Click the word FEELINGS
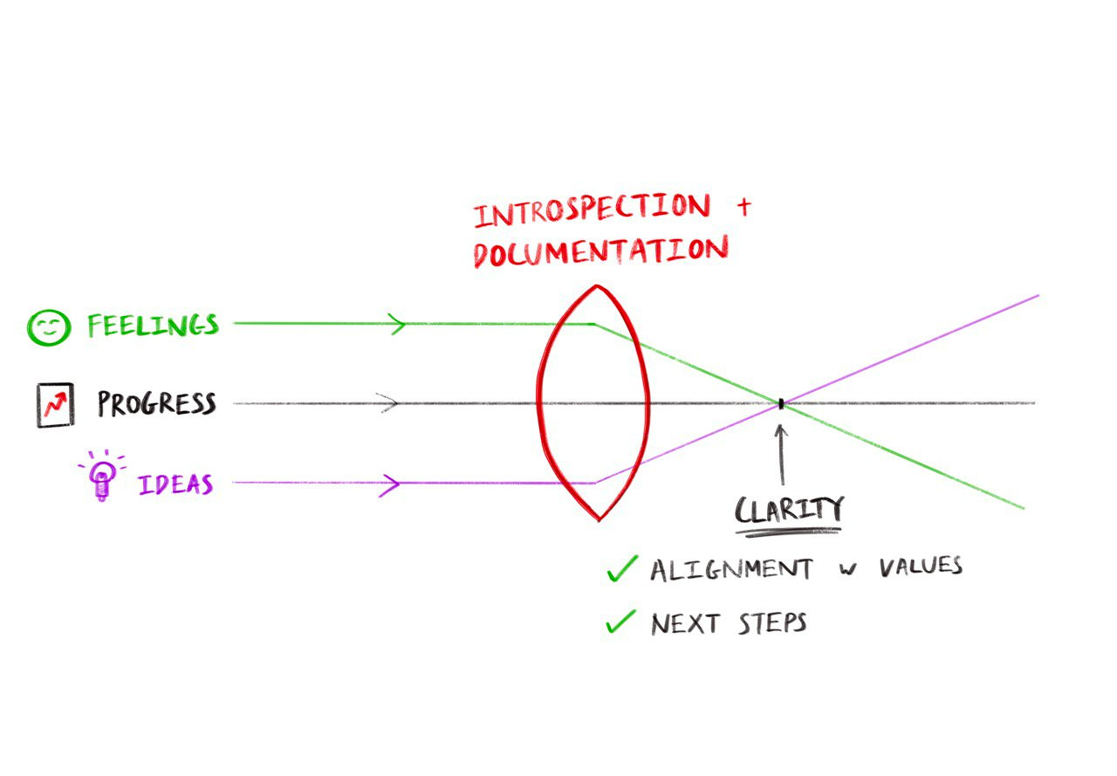(x=153, y=326)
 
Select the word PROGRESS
(x=156, y=404)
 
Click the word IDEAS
(x=175, y=484)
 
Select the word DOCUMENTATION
(x=600, y=251)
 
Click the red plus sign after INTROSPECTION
(x=743, y=209)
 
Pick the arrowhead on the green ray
(x=397, y=325)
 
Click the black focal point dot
(x=781, y=403)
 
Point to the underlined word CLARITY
(x=789, y=511)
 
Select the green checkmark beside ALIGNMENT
(x=621, y=569)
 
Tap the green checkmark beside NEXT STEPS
(x=621, y=621)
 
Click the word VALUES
(x=920, y=567)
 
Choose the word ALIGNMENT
(x=731, y=569)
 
